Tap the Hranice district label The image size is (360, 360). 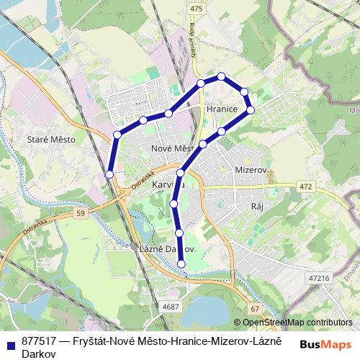pyautogui.click(x=222, y=109)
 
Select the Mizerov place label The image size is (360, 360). pyautogui.click(x=251, y=170)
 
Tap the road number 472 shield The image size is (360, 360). pyautogui.click(x=305, y=186)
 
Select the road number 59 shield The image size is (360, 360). pyautogui.click(x=79, y=214)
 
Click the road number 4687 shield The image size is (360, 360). pyautogui.click(x=171, y=307)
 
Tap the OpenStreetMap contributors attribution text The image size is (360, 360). pyautogui.click(x=298, y=323)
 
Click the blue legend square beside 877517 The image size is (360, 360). pyautogui.click(x=9, y=344)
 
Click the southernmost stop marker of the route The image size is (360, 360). pyautogui.click(x=181, y=264)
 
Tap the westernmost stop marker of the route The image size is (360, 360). pyautogui.click(x=109, y=174)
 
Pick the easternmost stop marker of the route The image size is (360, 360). pyautogui.click(x=251, y=109)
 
